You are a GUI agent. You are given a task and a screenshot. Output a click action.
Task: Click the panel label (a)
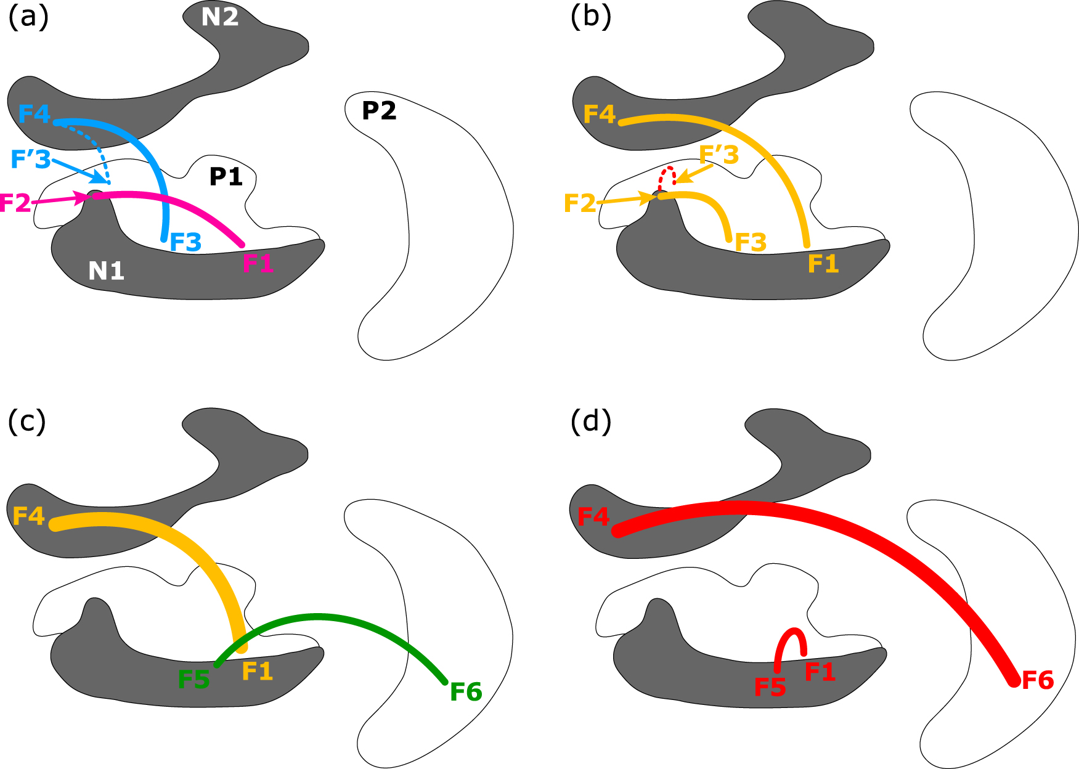pos(28,17)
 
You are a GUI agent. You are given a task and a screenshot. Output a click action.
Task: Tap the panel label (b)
pos(590,17)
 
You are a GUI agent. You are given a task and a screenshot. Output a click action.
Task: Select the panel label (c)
pos(26,421)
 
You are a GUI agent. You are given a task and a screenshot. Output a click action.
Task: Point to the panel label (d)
pos(590,421)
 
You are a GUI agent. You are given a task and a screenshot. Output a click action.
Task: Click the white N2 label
pos(220,17)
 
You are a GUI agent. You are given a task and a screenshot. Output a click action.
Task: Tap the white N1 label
pos(106,271)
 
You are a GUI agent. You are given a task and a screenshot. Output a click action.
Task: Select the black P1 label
pos(226,177)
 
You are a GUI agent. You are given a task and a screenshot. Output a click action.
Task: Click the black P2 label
pos(379,111)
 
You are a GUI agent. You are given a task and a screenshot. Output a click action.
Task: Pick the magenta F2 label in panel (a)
pos(15,203)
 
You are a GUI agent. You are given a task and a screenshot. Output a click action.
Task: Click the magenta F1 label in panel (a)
pos(258,264)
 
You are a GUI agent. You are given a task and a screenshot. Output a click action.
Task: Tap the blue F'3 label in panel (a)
pos(31,160)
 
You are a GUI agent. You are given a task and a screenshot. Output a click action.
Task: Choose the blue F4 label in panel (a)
pos(34,114)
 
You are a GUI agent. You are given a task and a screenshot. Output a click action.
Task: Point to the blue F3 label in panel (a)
pos(185,243)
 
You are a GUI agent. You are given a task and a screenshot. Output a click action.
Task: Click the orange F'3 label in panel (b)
pos(719,155)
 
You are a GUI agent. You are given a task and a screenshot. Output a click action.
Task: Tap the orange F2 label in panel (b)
pos(580,203)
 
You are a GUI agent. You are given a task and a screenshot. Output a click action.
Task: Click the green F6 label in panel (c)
pos(466,692)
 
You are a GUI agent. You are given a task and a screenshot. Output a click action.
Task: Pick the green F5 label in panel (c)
pos(193,680)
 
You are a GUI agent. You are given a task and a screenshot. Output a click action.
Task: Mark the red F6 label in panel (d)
pos(1038,680)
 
